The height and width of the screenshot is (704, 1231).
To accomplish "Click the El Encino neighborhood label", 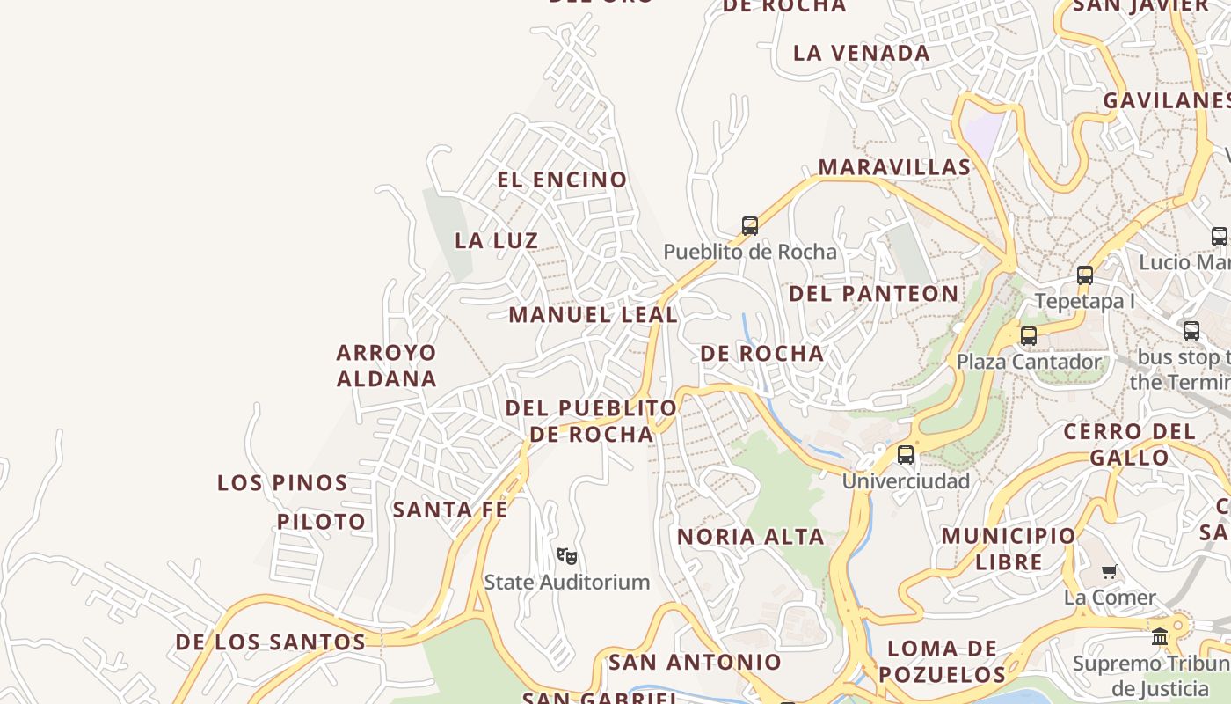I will click(562, 180).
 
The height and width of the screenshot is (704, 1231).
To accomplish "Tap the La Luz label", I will click(496, 240).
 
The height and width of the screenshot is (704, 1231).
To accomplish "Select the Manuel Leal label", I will click(593, 314).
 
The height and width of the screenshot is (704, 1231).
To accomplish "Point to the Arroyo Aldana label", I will click(386, 365).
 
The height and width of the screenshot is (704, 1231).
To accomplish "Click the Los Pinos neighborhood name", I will click(282, 483).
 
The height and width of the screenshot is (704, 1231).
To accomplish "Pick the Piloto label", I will click(321, 522).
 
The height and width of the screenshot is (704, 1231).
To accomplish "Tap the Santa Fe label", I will click(450, 510).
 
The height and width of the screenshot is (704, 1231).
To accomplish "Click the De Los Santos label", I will click(270, 642).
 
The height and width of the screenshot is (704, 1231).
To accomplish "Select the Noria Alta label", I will click(750, 537).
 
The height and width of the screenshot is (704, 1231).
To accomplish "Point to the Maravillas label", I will click(894, 167).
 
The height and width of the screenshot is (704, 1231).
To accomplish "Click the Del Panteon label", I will click(873, 294).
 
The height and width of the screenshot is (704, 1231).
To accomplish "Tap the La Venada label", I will click(861, 53).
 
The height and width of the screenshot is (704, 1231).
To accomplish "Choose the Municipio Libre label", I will click(1008, 548).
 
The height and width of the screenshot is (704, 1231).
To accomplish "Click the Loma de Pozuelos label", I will click(942, 662).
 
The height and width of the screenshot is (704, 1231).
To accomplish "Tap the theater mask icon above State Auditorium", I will click(567, 556).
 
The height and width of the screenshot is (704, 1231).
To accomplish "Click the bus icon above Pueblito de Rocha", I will click(749, 226).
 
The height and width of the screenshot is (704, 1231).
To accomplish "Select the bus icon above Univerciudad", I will click(906, 455).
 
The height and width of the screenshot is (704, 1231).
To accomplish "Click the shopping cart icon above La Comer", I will click(1110, 572).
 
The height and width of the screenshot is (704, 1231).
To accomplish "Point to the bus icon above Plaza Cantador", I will click(1028, 335).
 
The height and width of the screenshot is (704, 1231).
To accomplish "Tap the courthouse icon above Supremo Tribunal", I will click(1160, 636).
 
